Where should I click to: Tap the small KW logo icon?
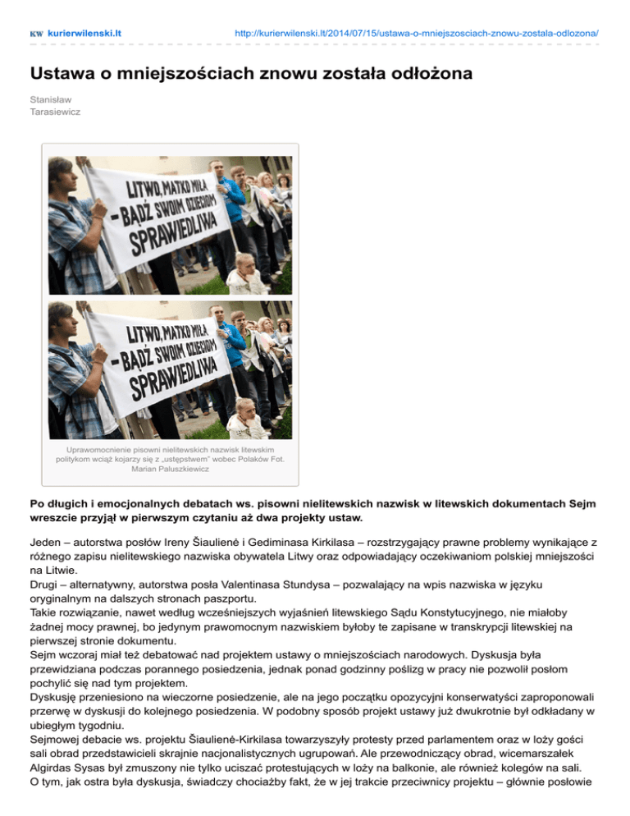(37, 34)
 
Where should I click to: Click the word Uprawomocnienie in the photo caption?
(98, 451)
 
